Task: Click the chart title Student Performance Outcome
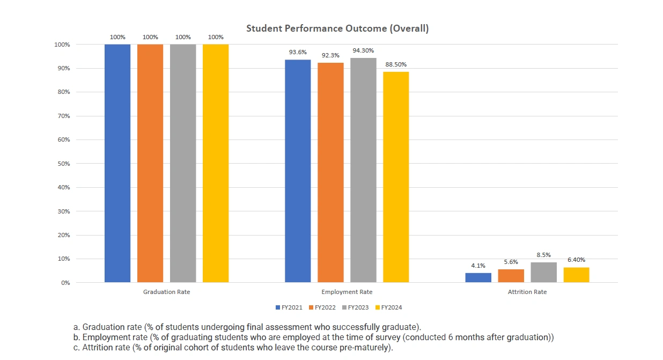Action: tap(337, 29)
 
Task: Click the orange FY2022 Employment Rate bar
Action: tap(330, 172)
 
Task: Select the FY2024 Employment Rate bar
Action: tap(396, 177)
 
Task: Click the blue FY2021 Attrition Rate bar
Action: tap(478, 277)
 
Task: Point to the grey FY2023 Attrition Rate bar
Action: tap(543, 273)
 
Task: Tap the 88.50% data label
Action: tap(396, 65)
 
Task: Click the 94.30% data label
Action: tap(363, 51)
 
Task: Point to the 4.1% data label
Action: tap(478, 266)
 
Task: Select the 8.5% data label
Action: tap(543, 255)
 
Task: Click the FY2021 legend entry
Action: tap(289, 308)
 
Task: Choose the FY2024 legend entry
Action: tap(388, 308)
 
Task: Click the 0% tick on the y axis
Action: tap(64, 283)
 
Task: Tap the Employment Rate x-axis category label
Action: tap(347, 292)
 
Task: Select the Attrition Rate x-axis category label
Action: tap(527, 292)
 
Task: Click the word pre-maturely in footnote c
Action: tap(367, 348)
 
